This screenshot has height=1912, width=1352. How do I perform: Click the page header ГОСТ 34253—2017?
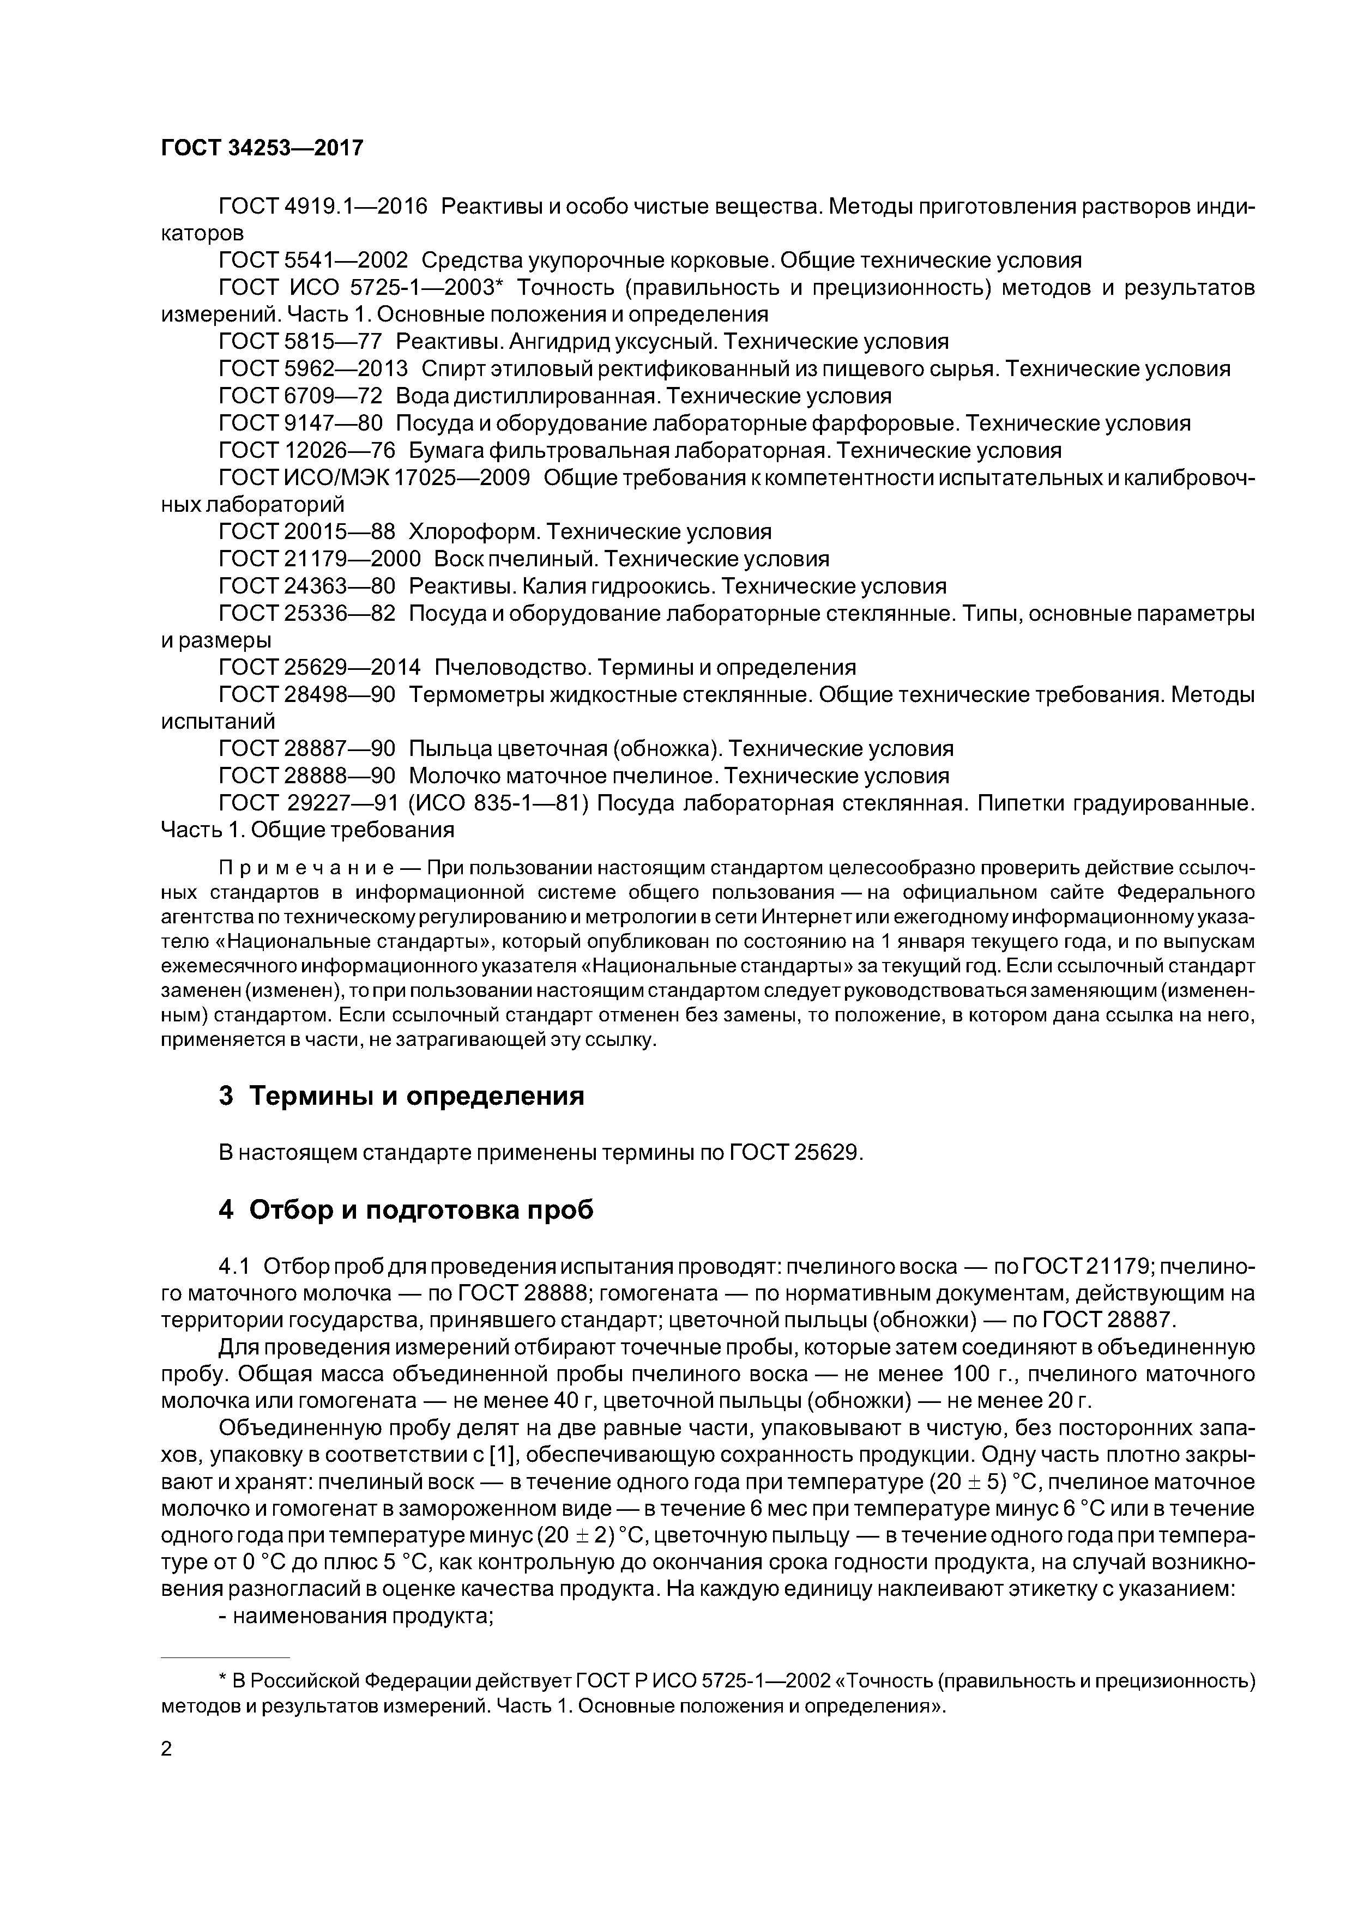(262, 148)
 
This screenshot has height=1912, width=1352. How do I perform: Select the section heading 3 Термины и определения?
(402, 1096)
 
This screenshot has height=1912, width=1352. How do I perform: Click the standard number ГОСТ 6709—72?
(300, 396)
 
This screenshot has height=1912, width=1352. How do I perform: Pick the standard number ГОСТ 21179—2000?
(320, 559)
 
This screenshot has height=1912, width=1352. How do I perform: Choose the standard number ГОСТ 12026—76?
(306, 451)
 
